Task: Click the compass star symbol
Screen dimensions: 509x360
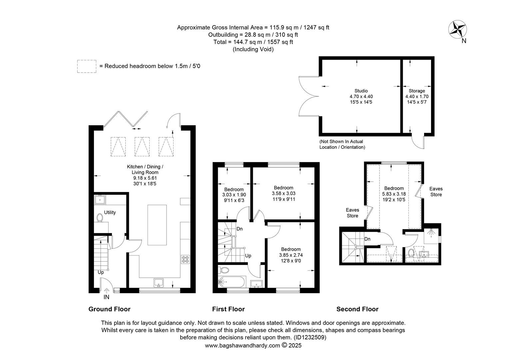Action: pyautogui.click(x=457, y=29)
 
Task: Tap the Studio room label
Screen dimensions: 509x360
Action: pyautogui.click(x=361, y=91)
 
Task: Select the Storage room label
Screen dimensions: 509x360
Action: pyautogui.click(x=417, y=91)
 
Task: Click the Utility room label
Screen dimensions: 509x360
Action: pyautogui.click(x=110, y=212)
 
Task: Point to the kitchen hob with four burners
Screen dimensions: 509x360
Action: pyautogui.click(x=186, y=259)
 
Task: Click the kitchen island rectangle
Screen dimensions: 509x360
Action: pyautogui.click(x=157, y=225)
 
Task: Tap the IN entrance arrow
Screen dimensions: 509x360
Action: pyautogui.click(x=106, y=290)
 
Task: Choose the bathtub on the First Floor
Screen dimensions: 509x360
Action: pyautogui.click(x=232, y=282)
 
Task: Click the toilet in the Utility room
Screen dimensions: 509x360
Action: pyautogui.click(x=100, y=218)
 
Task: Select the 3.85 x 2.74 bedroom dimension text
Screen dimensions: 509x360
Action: pyautogui.click(x=291, y=255)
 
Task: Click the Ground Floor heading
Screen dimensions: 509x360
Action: pyautogui.click(x=109, y=309)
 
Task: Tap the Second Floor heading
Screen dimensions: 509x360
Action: pyautogui.click(x=357, y=309)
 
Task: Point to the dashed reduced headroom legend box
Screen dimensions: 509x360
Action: pyautogui.click(x=87, y=66)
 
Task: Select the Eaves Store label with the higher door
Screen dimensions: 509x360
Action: pyautogui.click(x=436, y=191)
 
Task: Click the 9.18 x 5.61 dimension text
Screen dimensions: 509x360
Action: pyautogui.click(x=145, y=178)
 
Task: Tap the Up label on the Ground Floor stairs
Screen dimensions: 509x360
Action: pyautogui.click(x=101, y=272)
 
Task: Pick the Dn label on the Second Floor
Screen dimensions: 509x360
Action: pyautogui.click(x=367, y=239)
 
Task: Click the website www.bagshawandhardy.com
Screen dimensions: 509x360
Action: pyautogui.click(x=243, y=345)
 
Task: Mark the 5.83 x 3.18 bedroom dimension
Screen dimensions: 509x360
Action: pyautogui.click(x=394, y=194)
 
